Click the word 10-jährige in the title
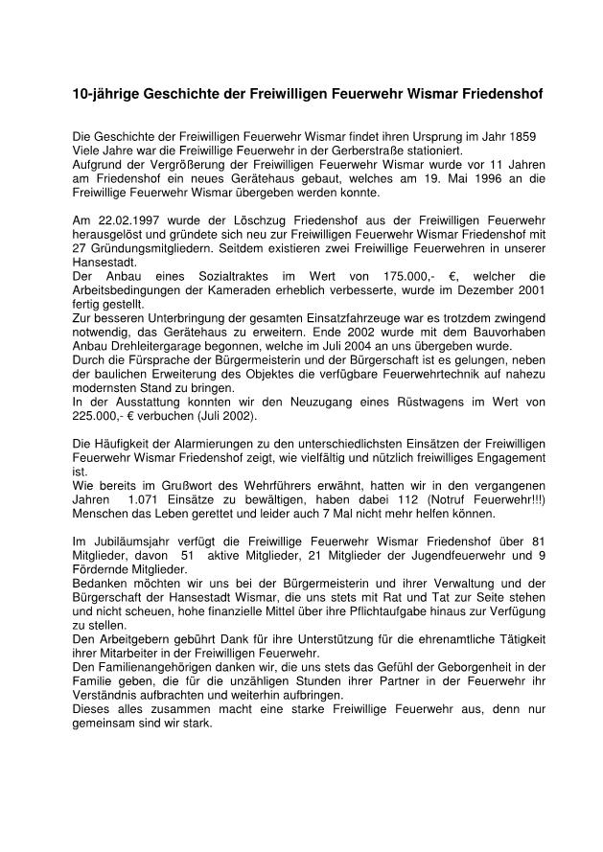(106, 96)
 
